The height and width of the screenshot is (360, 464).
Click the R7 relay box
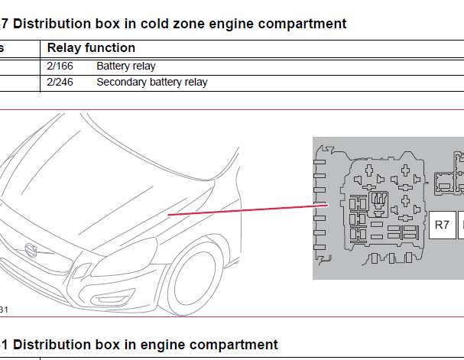[442, 225]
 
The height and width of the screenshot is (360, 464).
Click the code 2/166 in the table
[60, 66]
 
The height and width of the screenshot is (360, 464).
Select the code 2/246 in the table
[60, 82]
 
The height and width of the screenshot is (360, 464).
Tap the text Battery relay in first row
[126, 66]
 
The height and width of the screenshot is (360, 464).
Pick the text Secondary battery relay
[152, 82]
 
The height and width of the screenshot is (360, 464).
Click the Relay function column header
[91, 48]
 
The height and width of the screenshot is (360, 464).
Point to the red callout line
[245, 209]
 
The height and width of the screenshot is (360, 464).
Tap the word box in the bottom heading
[112, 345]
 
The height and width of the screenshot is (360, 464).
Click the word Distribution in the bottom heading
[54, 345]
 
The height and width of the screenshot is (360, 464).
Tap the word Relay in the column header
[63, 48]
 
